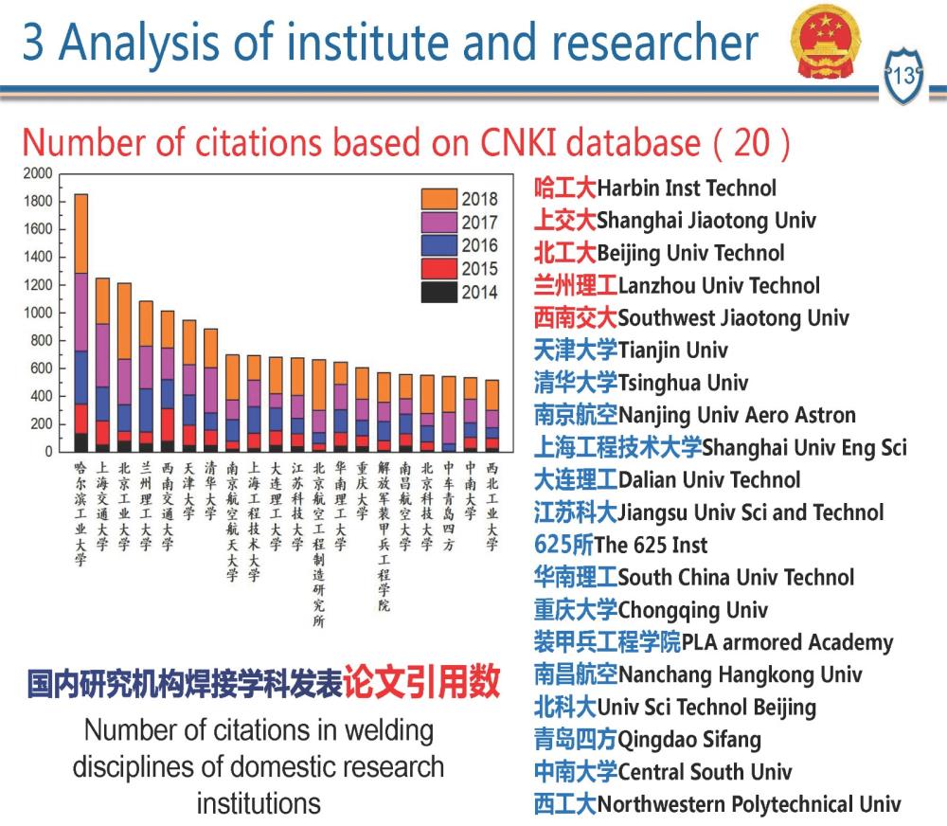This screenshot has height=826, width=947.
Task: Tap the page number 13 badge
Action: coord(904,76)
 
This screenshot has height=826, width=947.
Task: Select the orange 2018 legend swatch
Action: coord(439,199)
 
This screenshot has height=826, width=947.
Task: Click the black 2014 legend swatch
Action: coord(439,292)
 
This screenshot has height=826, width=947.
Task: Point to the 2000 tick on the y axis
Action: coord(39,174)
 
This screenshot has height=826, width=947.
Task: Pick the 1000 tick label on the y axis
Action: coord(39,313)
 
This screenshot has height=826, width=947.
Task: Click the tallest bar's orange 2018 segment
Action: coord(80,233)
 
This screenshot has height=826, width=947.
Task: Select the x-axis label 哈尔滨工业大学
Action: coord(80,513)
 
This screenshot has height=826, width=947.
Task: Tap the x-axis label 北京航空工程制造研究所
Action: coord(318,545)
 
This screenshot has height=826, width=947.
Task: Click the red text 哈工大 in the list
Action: coord(565,189)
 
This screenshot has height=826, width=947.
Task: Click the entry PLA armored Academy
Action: coord(787,642)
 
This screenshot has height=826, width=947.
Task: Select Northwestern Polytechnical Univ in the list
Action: coord(749,804)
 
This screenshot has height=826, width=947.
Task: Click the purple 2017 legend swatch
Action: coord(439,223)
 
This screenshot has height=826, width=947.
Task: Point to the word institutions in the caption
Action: coord(259,804)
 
